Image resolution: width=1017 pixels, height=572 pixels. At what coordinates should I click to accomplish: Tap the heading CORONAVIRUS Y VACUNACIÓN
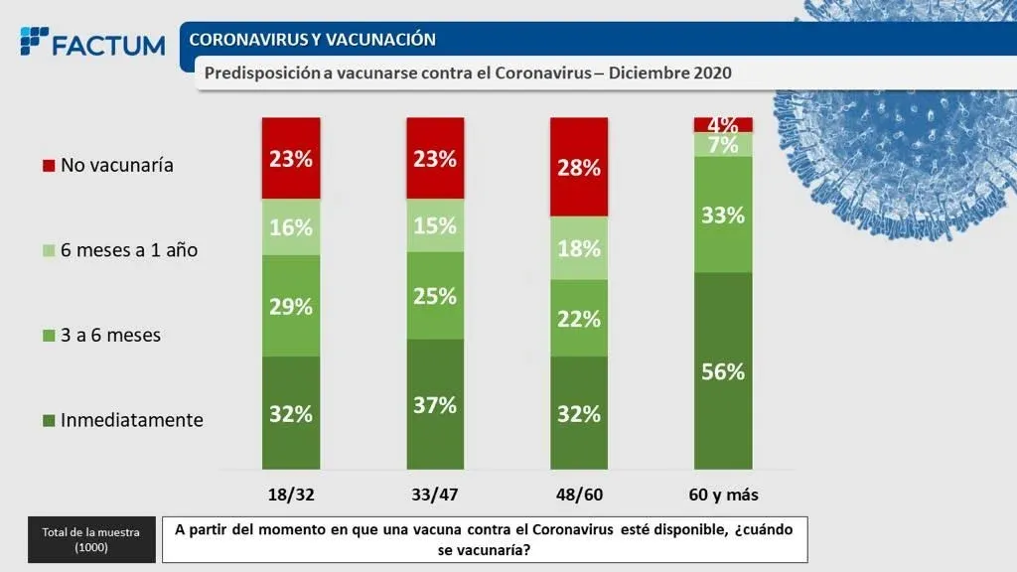click(x=312, y=40)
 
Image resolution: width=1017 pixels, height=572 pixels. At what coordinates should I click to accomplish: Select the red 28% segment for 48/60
click(x=578, y=167)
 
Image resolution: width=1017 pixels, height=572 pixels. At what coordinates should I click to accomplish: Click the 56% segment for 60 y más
click(x=722, y=370)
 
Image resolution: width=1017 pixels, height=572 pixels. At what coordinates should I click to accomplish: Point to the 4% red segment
click(x=722, y=125)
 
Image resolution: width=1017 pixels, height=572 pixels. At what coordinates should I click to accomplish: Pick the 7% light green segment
click(x=722, y=145)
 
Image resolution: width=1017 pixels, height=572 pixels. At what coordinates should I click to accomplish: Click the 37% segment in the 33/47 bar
click(x=435, y=403)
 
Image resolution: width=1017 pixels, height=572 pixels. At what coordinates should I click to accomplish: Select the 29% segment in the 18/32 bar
click(x=291, y=306)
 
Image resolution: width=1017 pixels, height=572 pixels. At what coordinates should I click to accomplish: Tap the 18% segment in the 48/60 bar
click(x=578, y=247)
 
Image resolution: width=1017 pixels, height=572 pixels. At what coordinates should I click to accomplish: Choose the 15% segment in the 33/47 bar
click(x=435, y=225)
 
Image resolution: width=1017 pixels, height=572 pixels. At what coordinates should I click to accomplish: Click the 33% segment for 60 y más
click(x=722, y=214)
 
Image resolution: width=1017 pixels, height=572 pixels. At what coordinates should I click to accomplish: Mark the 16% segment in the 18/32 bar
click(x=291, y=226)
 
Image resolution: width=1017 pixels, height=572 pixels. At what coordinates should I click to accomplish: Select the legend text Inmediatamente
click(x=131, y=420)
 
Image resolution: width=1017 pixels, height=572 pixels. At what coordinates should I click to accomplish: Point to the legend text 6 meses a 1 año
click(x=129, y=250)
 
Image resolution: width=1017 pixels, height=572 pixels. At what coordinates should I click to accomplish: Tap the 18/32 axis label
click(x=291, y=495)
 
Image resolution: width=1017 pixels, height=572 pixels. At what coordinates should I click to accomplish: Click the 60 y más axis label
click(x=722, y=495)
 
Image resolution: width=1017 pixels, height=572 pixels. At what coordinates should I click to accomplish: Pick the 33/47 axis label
click(x=435, y=495)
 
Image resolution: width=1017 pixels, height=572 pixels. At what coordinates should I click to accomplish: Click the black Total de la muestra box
click(x=91, y=539)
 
